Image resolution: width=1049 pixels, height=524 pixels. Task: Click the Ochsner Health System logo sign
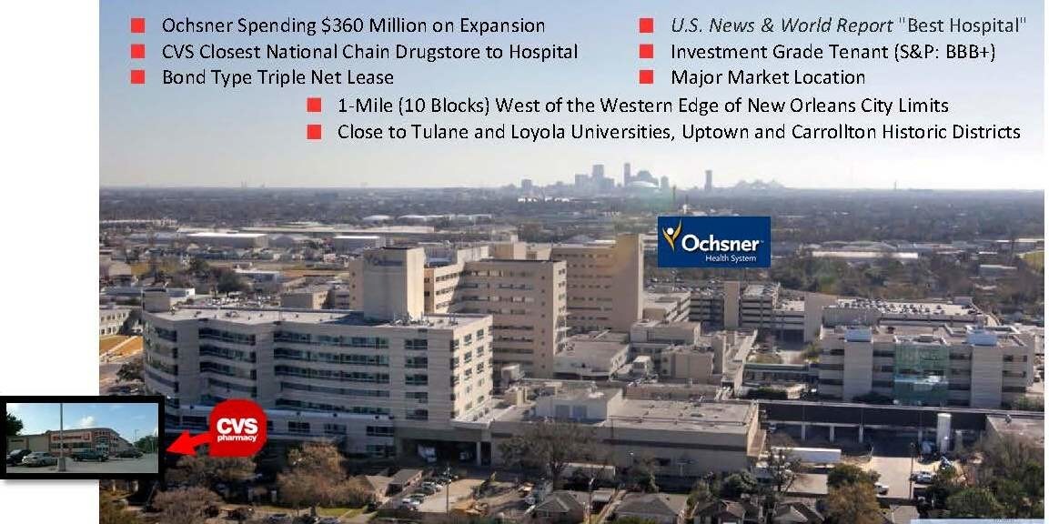[x=714, y=242]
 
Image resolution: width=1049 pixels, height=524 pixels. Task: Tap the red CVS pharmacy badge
[x=237, y=428]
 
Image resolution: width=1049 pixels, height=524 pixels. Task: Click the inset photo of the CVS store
[x=82, y=438]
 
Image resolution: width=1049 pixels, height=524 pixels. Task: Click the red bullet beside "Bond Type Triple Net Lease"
[x=137, y=77]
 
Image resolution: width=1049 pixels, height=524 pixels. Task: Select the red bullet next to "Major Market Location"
[x=646, y=77]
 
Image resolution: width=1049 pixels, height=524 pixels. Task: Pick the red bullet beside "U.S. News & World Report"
[x=646, y=25]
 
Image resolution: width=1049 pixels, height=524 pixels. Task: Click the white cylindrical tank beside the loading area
[x=943, y=432]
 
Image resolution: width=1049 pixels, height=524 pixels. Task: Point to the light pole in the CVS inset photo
[x=61, y=437]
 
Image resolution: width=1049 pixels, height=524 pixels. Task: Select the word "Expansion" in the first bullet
[x=500, y=26]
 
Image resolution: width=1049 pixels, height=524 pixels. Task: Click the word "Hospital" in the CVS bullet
[x=545, y=52]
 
